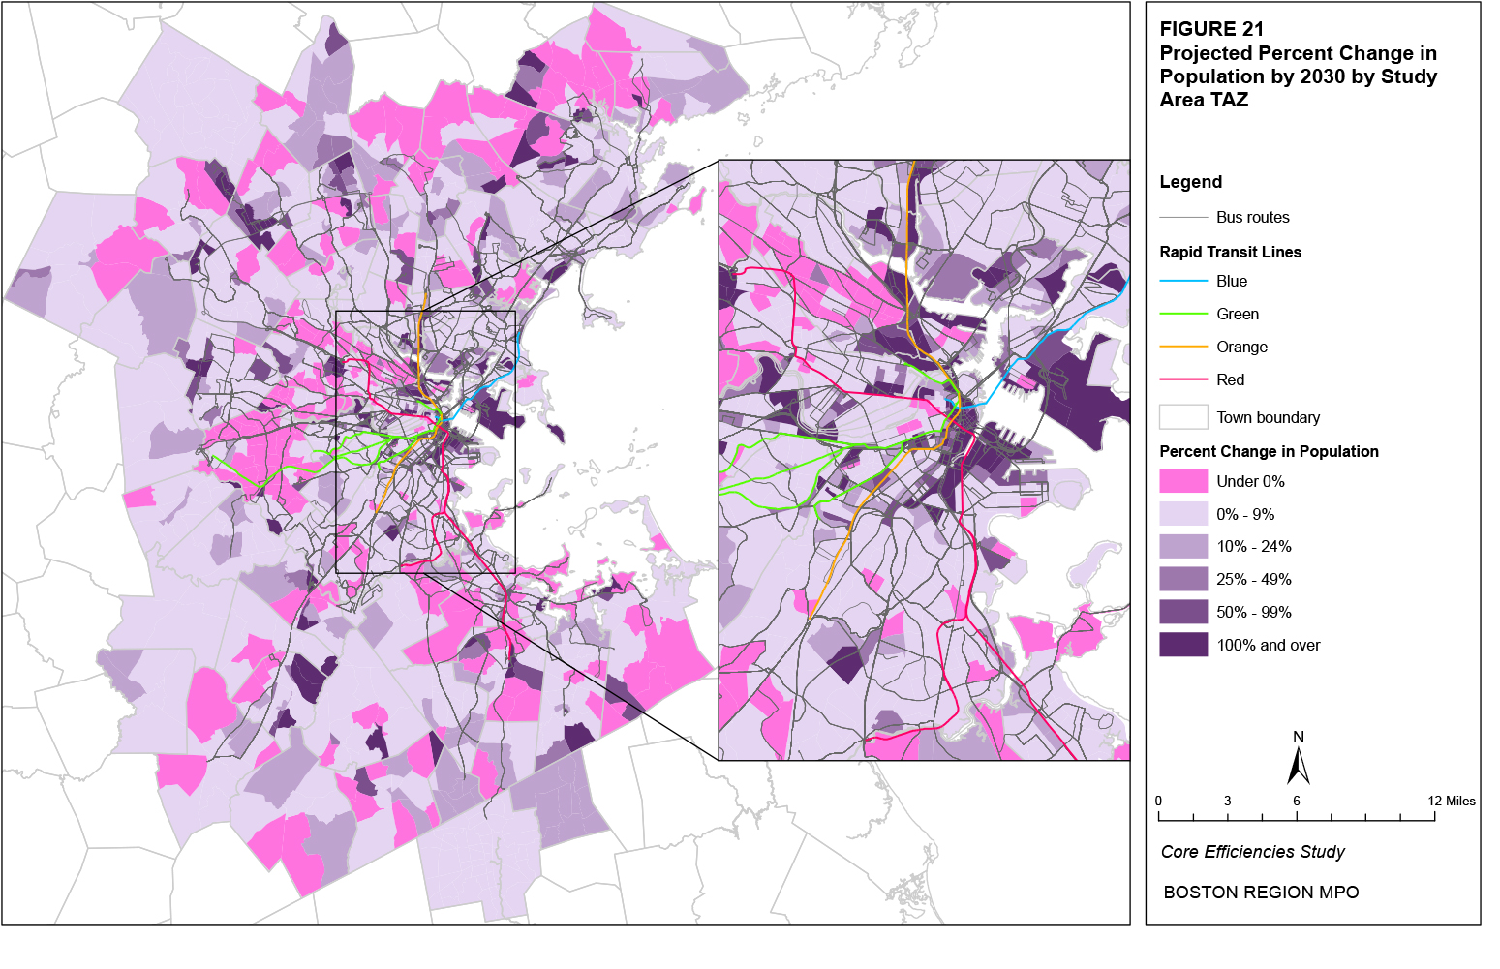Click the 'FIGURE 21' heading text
pyautogui.click(x=1211, y=29)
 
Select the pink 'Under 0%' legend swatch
pyautogui.click(x=1183, y=481)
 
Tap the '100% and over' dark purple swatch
pyautogui.click(x=1183, y=645)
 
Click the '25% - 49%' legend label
pyautogui.click(x=1253, y=579)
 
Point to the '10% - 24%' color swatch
pyautogui.click(x=1183, y=546)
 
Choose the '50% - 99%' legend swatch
pyautogui.click(x=1183, y=612)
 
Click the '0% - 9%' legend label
pyautogui.click(x=1245, y=514)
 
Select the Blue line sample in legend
pyautogui.click(x=1183, y=281)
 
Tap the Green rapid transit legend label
pyautogui.click(x=1238, y=314)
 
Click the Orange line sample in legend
pyautogui.click(x=1183, y=347)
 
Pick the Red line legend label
pyautogui.click(x=1230, y=379)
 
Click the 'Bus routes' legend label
pyautogui.click(x=1252, y=217)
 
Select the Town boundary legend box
pyautogui.click(x=1183, y=417)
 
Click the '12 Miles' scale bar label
pyautogui.click(x=1452, y=801)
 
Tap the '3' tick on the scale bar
pyautogui.click(x=1227, y=801)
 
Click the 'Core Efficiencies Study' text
pyautogui.click(x=1252, y=852)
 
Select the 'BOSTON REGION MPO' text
pyautogui.click(x=1261, y=893)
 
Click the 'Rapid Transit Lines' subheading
pyautogui.click(x=1230, y=252)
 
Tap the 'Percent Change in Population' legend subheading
pyautogui.click(x=1269, y=451)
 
